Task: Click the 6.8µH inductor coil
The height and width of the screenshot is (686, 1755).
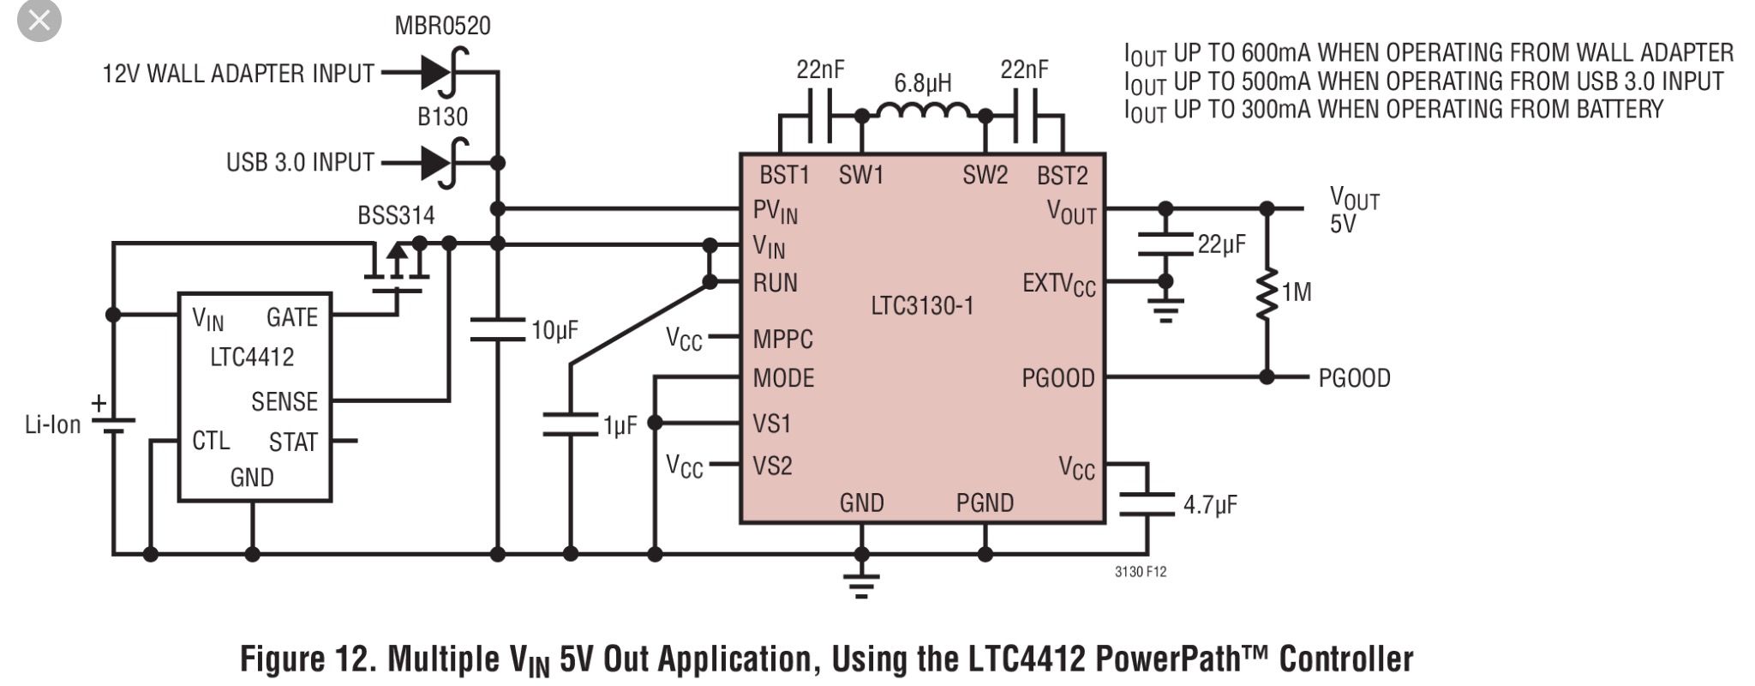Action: (x=924, y=112)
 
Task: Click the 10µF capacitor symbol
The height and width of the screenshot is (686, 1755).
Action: (x=497, y=330)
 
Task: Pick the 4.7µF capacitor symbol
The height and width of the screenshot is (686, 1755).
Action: (x=1146, y=504)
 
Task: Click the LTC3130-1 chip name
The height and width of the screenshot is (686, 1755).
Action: (x=922, y=306)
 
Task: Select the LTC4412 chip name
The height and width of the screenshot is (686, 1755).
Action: (x=252, y=357)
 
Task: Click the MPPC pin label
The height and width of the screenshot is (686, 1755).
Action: (x=782, y=340)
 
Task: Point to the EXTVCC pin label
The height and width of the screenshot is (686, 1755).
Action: (x=1058, y=284)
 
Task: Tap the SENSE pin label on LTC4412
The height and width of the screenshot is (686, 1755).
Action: (x=285, y=401)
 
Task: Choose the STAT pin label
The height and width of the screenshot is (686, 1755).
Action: (x=293, y=442)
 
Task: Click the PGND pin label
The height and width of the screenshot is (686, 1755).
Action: (x=985, y=503)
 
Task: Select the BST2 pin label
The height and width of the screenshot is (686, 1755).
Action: (x=1062, y=176)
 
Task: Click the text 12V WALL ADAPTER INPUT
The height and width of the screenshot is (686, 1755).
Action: (x=238, y=74)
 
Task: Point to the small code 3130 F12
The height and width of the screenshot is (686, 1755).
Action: (x=1140, y=572)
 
